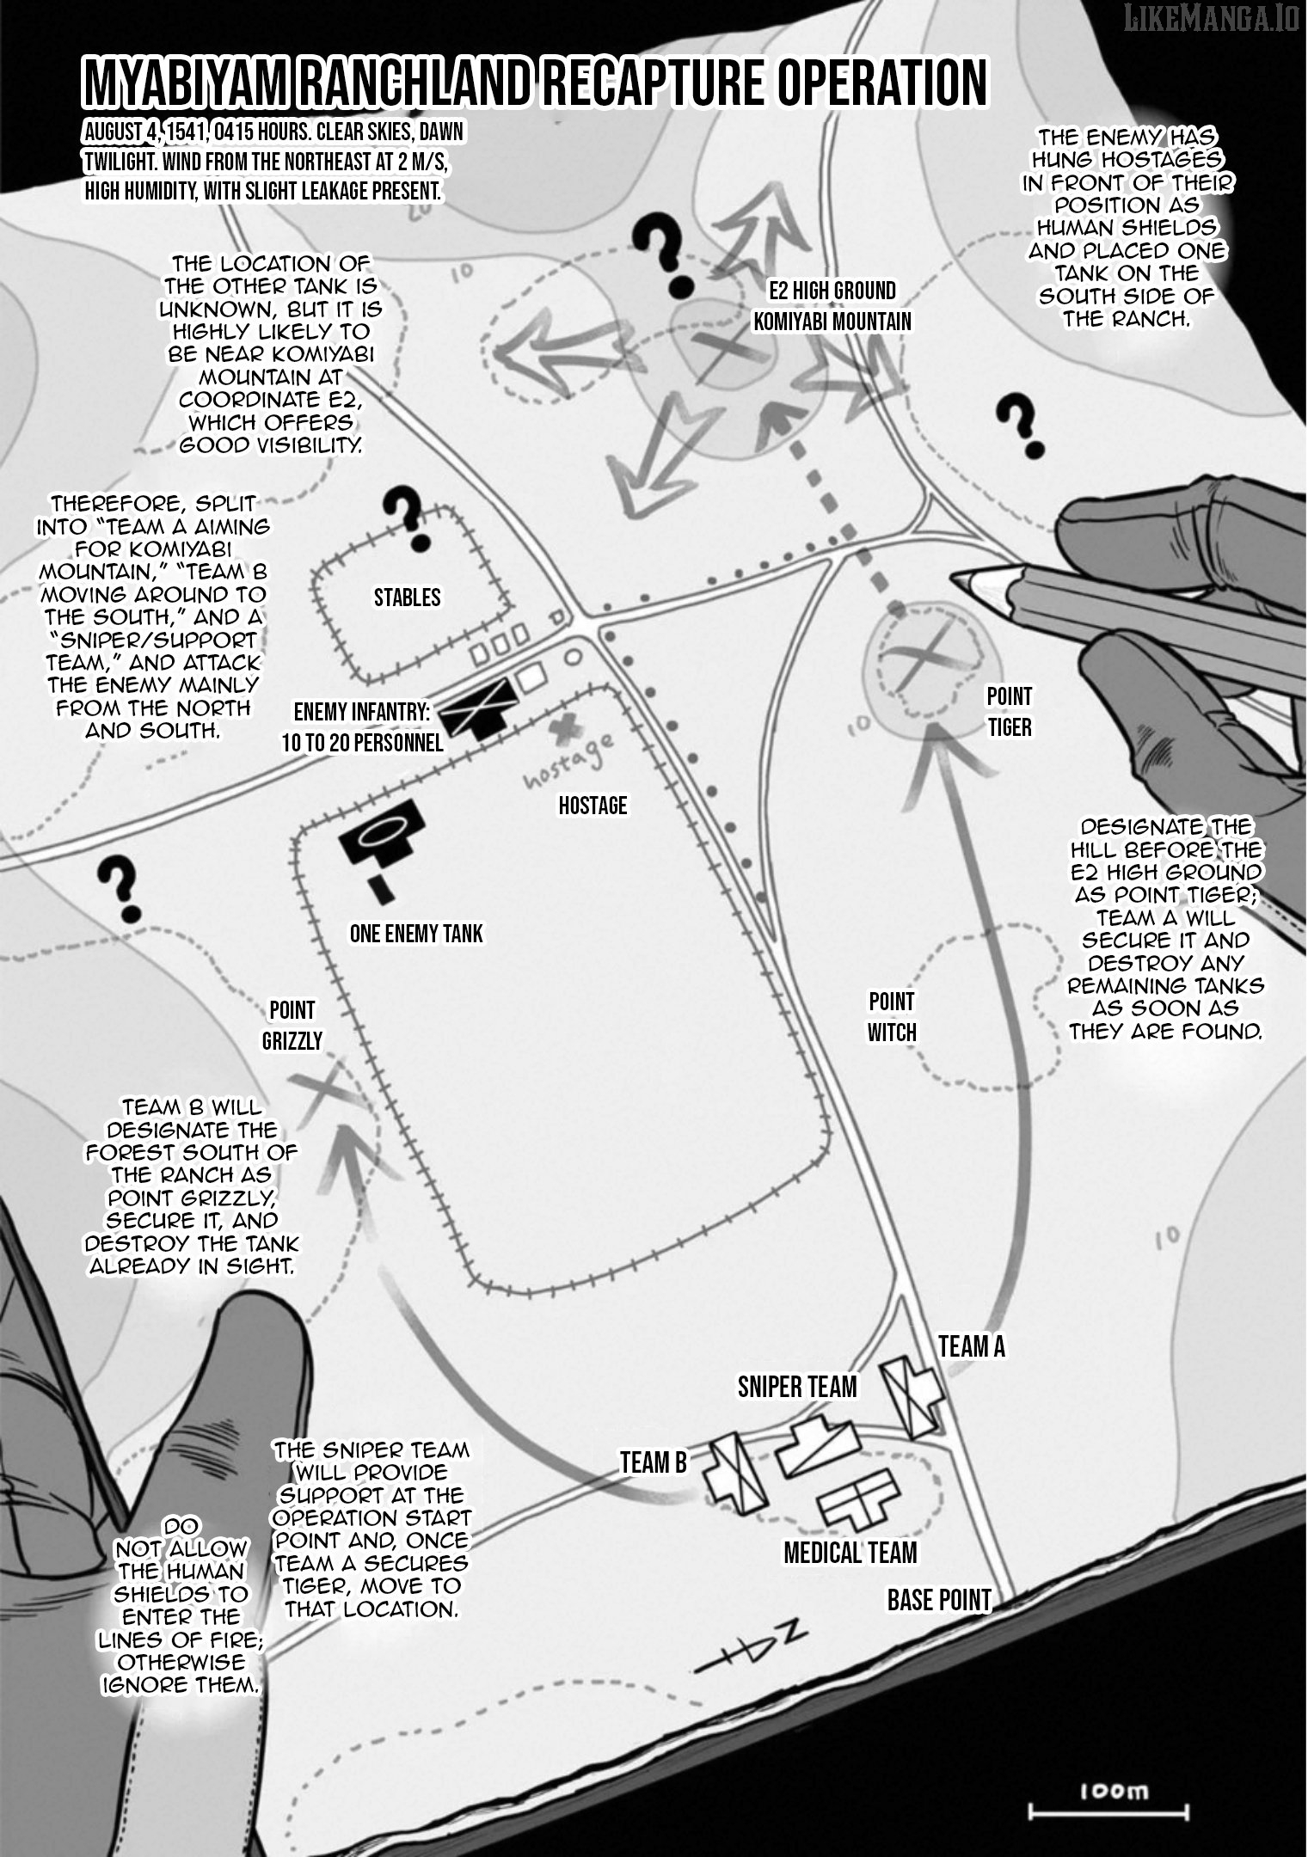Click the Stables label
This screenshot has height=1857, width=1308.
click(407, 598)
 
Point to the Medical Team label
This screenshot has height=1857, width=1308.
click(850, 1553)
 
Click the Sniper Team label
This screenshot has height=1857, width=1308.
click(797, 1387)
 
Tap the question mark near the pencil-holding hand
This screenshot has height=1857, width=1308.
click(1023, 426)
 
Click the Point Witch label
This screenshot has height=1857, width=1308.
click(891, 1017)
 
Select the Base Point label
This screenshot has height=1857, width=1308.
click(938, 1600)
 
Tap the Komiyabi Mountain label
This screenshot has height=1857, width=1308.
click(832, 322)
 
